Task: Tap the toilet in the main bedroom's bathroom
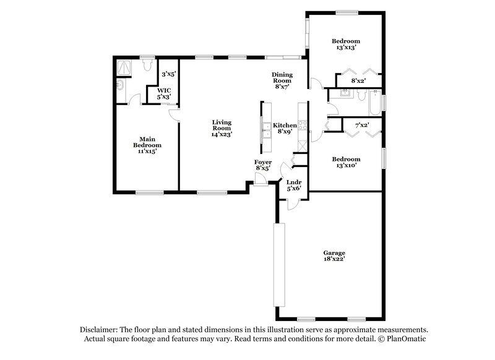[147, 63]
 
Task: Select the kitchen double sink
[265, 129]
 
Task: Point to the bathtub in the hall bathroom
[373, 103]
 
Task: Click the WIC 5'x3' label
[163, 93]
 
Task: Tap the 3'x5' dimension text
[168, 74]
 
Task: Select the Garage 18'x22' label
[334, 256]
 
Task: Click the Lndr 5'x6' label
[293, 184]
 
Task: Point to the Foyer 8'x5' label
[263, 165]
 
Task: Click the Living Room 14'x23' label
[222, 128]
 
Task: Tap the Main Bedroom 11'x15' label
[146, 145]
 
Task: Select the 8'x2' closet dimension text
[358, 80]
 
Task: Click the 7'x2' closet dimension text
[362, 126]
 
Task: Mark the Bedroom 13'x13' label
[346, 44]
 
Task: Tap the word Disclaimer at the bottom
[98, 330]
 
